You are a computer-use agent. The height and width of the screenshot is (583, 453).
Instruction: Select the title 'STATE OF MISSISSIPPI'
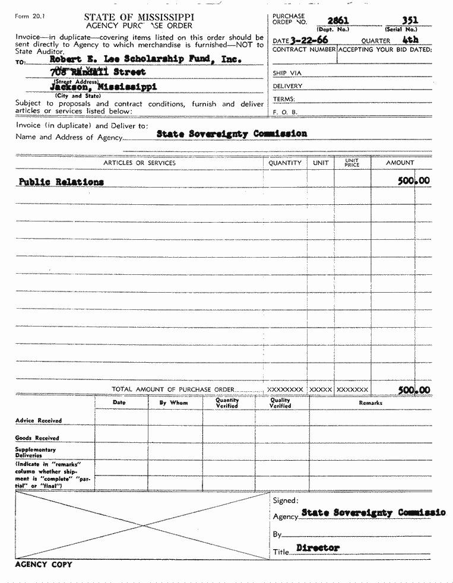pos(139,17)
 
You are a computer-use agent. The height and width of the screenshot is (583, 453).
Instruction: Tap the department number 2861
pos(338,21)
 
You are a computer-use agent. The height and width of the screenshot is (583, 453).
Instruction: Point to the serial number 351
pos(410,21)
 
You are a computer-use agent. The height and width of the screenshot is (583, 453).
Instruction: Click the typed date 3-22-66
pos(309,40)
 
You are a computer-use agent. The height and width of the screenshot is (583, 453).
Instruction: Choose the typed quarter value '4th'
pos(410,40)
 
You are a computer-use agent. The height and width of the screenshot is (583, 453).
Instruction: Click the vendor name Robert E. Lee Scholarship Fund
pos(145,59)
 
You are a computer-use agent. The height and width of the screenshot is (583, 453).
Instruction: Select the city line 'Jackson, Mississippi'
pos(103,87)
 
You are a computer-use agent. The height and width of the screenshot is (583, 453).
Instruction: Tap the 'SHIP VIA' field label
pos(287,73)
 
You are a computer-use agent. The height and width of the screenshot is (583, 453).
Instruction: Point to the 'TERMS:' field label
pos(284,99)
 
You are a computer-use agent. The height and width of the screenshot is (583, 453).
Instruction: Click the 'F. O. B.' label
pos(285,112)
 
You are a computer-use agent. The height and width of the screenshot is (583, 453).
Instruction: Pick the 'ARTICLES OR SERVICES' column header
pos(140,163)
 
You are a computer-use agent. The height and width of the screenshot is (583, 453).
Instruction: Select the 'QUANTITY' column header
pos(285,163)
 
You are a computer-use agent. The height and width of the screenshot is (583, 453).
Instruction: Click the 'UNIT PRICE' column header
pos(352,163)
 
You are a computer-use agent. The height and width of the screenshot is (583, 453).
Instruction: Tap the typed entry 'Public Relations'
pos(61,182)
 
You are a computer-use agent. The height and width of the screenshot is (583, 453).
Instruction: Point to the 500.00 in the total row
pos(414,390)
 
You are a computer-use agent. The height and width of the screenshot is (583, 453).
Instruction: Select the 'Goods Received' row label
pos(37,438)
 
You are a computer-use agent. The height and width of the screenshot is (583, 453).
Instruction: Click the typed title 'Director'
pos(318,548)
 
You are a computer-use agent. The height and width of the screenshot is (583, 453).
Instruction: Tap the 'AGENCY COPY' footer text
pos(43,565)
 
